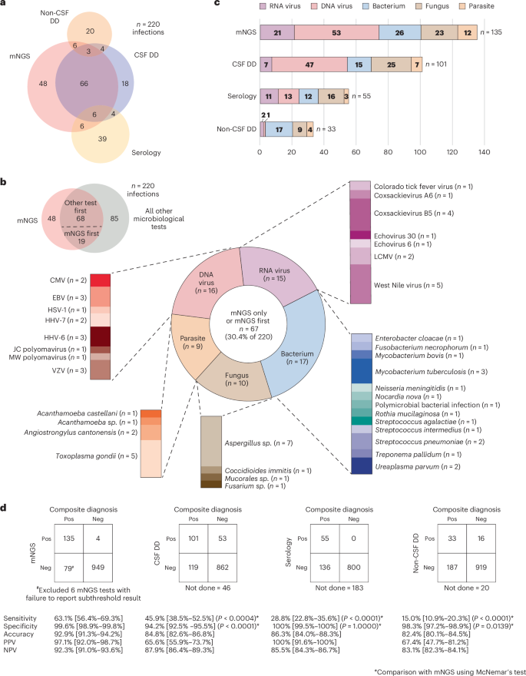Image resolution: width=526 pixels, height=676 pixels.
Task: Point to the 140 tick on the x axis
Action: (485, 153)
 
